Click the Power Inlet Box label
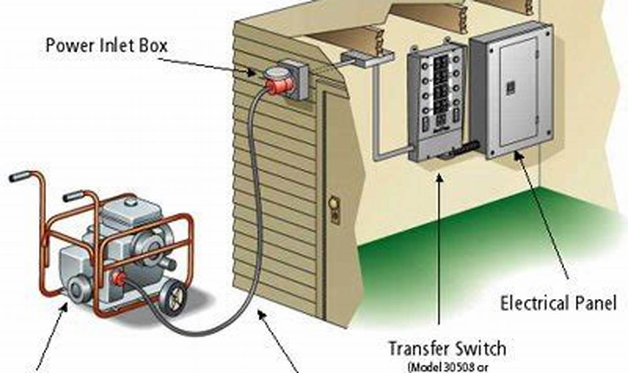pos(107,46)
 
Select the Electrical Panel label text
pos(558,303)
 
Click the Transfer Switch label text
pos(447,348)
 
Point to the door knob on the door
pos(334,202)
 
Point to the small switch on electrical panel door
pos(511,87)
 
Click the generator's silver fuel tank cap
pos(130,201)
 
